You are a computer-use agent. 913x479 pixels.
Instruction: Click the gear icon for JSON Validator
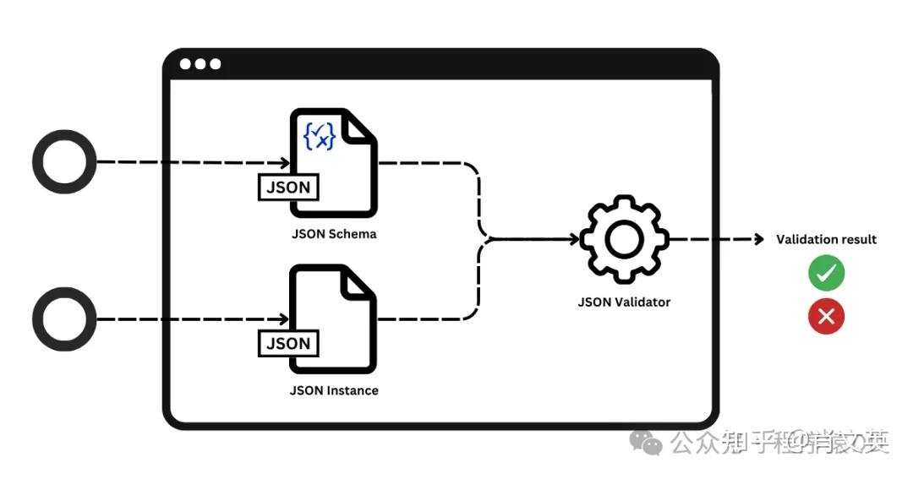click(x=624, y=240)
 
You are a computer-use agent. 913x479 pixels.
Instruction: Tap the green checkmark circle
click(x=826, y=274)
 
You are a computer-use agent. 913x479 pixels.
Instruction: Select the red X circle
click(x=826, y=317)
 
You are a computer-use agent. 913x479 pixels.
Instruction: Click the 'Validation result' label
click(x=826, y=240)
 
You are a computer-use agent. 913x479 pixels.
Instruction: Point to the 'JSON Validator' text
click(x=624, y=302)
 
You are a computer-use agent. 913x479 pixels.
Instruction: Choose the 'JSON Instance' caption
click(x=333, y=390)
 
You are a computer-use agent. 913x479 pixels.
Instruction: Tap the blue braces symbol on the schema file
click(x=320, y=135)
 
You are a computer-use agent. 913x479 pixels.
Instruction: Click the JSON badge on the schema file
click(x=288, y=188)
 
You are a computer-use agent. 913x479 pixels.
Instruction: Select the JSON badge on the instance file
click(x=288, y=343)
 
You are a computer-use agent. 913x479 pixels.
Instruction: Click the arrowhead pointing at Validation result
click(x=758, y=240)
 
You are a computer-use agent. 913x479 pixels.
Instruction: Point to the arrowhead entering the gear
click(x=575, y=240)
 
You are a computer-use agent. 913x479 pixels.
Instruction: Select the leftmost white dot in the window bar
click(x=185, y=64)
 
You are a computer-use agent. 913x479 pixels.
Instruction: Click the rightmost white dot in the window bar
click(x=216, y=64)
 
